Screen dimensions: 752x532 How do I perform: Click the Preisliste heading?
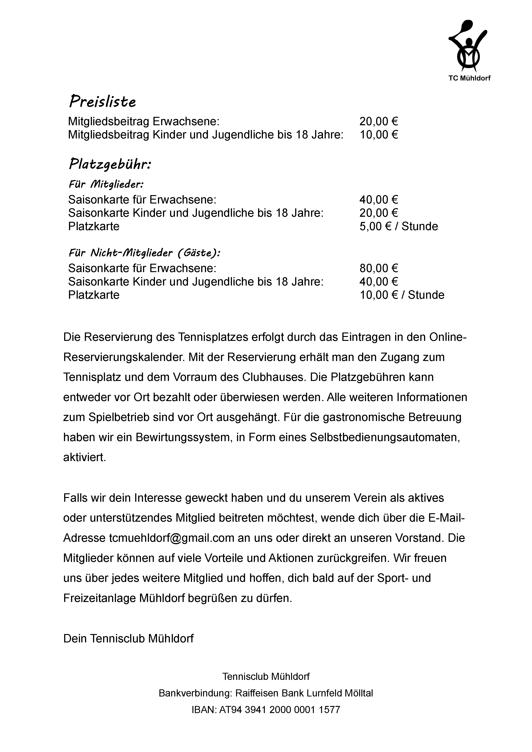[102, 102]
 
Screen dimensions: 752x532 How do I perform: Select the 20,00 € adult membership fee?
[379, 122]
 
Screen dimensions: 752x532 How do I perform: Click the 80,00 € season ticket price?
[379, 269]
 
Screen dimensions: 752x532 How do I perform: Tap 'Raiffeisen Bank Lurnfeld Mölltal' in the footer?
[304, 693]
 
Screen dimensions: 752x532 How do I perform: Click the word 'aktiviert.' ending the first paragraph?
[85, 458]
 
